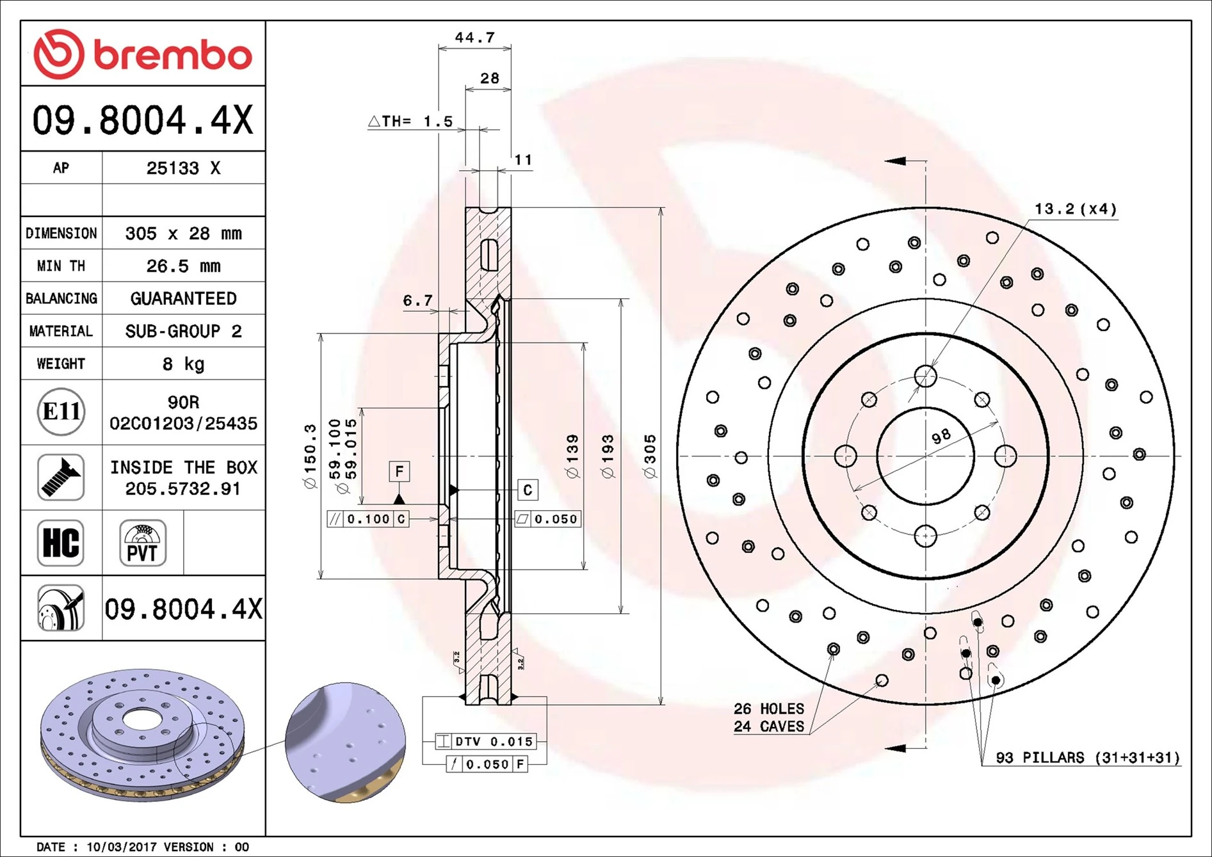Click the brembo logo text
coord(173,55)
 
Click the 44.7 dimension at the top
coord(474,38)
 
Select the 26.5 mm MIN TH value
coord(183,266)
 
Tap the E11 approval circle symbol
coord(61,412)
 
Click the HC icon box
coord(61,543)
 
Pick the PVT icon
coord(142,543)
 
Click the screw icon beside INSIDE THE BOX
coord(61,477)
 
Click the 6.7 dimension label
coord(417,300)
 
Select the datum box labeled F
coord(400,472)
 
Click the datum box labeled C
coord(528,490)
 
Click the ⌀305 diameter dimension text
coord(650,456)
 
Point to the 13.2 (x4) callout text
coord(1075,209)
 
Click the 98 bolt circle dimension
coord(941,437)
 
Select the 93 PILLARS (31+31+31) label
coord(1087,758)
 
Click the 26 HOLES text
coord(768,709)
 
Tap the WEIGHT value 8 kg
coord(183,364)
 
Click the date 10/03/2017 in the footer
coord(121,847)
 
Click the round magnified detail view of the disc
coord(345,742)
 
